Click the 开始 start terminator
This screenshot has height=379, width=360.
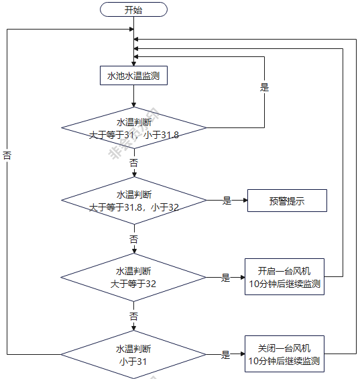133,9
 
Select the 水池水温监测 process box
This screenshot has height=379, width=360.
133,76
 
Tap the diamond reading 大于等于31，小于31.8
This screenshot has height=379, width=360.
133,128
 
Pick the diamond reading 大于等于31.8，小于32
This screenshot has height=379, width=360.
133,201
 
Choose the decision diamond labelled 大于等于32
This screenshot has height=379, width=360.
133,278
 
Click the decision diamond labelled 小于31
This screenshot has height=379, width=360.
133,355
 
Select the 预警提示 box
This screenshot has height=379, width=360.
287,201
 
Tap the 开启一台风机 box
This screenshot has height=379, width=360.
284,277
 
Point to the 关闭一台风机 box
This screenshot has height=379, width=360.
284,355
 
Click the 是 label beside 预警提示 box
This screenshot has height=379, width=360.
227,201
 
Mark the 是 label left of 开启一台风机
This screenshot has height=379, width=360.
226,278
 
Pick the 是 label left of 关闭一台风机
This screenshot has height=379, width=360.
226,355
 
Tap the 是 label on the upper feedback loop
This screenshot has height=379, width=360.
264,86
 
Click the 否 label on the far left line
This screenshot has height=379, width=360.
7,156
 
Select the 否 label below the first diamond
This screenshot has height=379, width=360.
134,163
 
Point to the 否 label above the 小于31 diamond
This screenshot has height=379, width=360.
134,316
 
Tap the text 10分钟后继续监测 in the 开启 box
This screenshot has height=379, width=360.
284,284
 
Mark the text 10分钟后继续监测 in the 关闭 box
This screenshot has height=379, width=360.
284,362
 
